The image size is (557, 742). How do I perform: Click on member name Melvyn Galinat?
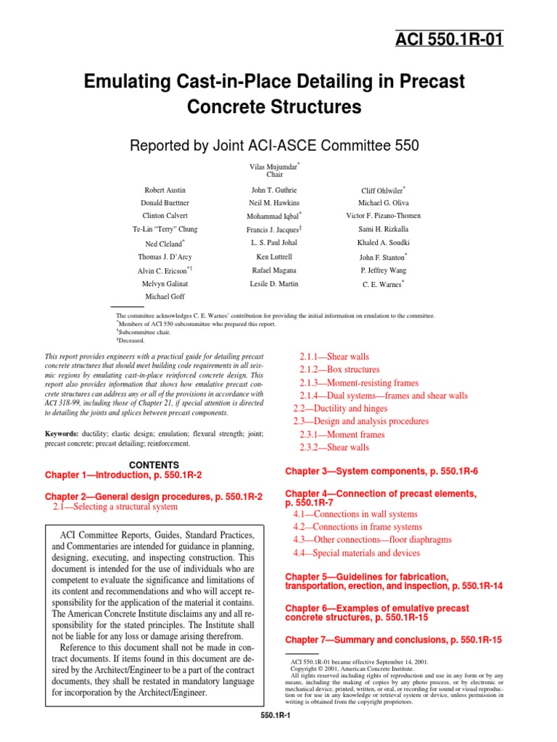click(165, 283)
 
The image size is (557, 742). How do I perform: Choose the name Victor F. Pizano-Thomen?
click(383, 216)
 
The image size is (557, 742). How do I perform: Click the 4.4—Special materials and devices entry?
click(356, 553)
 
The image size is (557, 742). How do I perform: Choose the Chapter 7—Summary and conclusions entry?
click(393, 640)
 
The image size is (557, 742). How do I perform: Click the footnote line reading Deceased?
click(132, 340)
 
